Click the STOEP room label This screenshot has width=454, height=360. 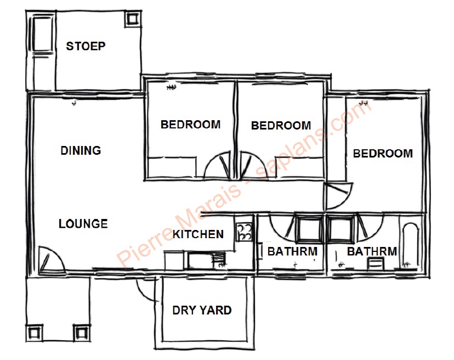(86, 46)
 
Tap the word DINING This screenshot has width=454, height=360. (81, 150)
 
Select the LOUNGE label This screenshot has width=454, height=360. (83, 223)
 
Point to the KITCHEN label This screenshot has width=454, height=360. (198, 234)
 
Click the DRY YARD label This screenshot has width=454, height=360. (202, 310)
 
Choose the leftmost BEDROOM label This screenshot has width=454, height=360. (190, 125)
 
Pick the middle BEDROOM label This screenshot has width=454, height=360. (281, 126)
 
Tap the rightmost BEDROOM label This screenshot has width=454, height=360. (383, 153)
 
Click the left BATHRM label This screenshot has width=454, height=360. (292, 251)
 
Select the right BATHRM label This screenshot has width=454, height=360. (372, 251)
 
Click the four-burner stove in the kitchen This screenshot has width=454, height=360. (244, 232)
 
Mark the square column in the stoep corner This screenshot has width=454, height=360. (133, 19)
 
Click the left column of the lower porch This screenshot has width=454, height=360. (34, 333)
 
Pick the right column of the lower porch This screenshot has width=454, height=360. (81, 333)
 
